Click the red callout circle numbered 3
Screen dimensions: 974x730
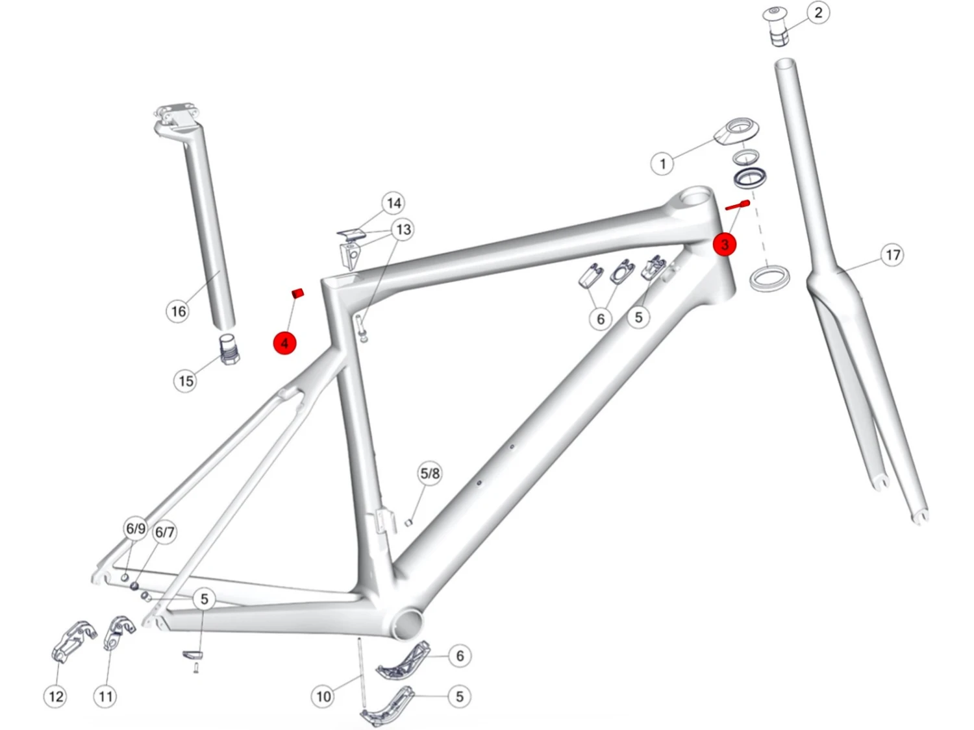coord(724,244)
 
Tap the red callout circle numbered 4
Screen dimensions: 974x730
coord(284,343)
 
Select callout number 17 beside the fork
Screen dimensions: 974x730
coord(892,255)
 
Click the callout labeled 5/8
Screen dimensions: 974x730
coord(430,474)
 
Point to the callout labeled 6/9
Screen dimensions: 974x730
coord(135,529)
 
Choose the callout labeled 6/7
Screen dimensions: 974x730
coord(164,532)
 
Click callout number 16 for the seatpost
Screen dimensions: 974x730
coord(179,311)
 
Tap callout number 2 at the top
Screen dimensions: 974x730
coord(818,12)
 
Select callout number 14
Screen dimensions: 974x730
coord(394,203)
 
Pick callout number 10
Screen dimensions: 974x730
coord(323,696)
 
